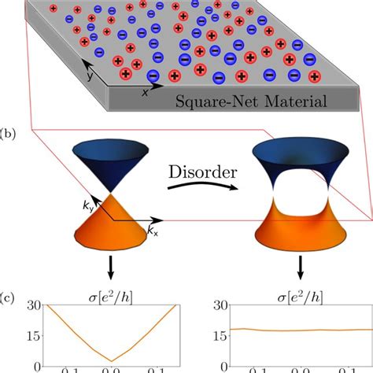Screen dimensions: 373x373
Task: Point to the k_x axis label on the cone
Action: click(x=151, y=231)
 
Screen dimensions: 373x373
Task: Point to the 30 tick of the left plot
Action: click(x=31, y=308)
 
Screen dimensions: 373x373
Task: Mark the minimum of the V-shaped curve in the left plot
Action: click(x=113, y=360)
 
